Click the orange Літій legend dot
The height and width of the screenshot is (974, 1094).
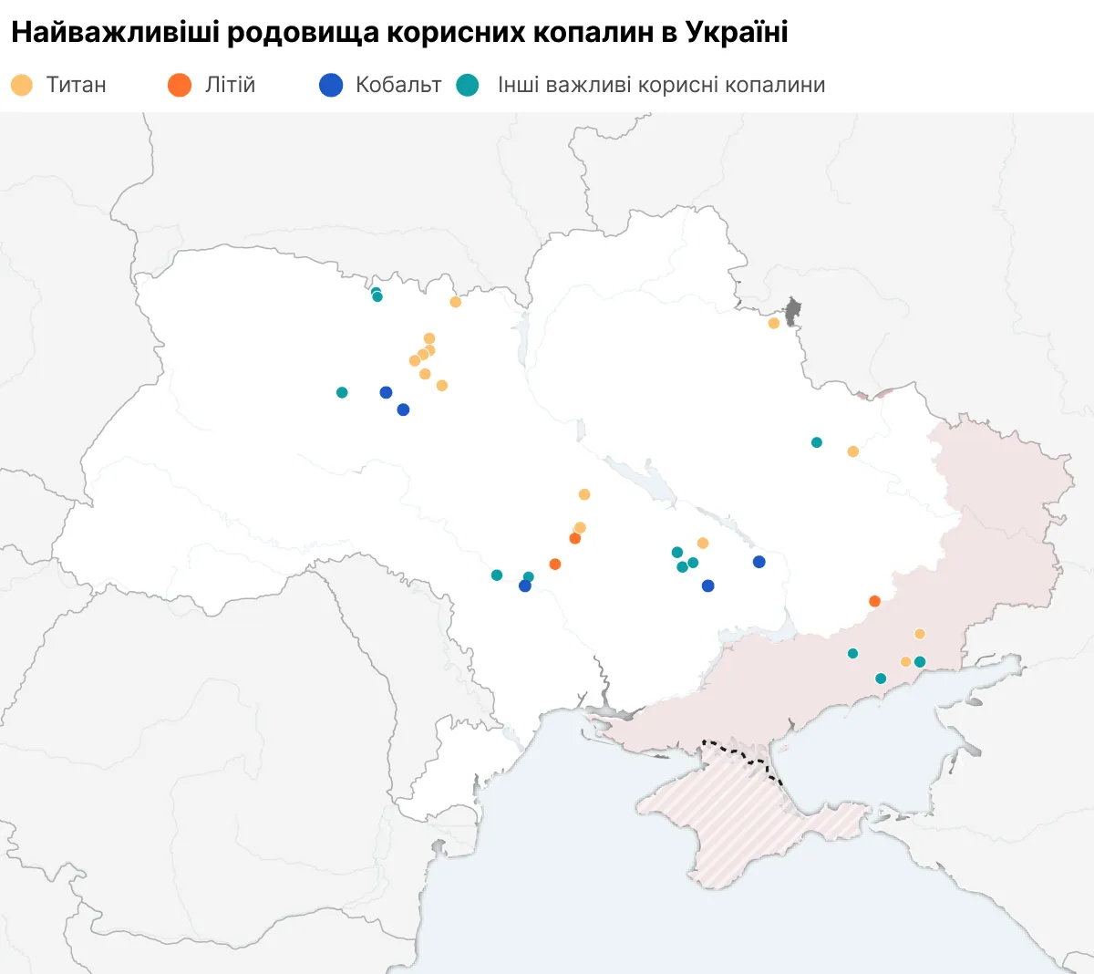point(180,85)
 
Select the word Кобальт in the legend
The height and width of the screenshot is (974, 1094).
point(398,85)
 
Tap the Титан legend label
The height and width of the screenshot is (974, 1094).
point(77,85)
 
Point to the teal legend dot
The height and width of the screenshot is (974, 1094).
point(468,85)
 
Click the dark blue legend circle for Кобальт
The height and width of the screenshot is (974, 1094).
point(331,85)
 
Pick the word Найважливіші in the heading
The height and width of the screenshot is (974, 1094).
point(115,33)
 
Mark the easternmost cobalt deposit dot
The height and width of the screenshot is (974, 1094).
point(759,562)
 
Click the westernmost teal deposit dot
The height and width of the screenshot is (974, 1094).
point(342,392)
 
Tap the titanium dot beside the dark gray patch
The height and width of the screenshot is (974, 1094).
point(774,323)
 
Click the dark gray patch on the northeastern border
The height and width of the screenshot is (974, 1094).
point(792,310)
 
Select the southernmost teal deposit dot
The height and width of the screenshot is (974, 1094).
point(881,679)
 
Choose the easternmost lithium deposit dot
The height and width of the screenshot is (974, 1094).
point(875,601)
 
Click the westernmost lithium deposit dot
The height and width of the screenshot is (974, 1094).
point(555,565)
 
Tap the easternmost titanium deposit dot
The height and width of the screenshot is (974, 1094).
point(920,634)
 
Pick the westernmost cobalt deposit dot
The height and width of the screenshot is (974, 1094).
point(386,392)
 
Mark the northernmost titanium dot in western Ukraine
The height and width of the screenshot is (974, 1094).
point(456,302)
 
